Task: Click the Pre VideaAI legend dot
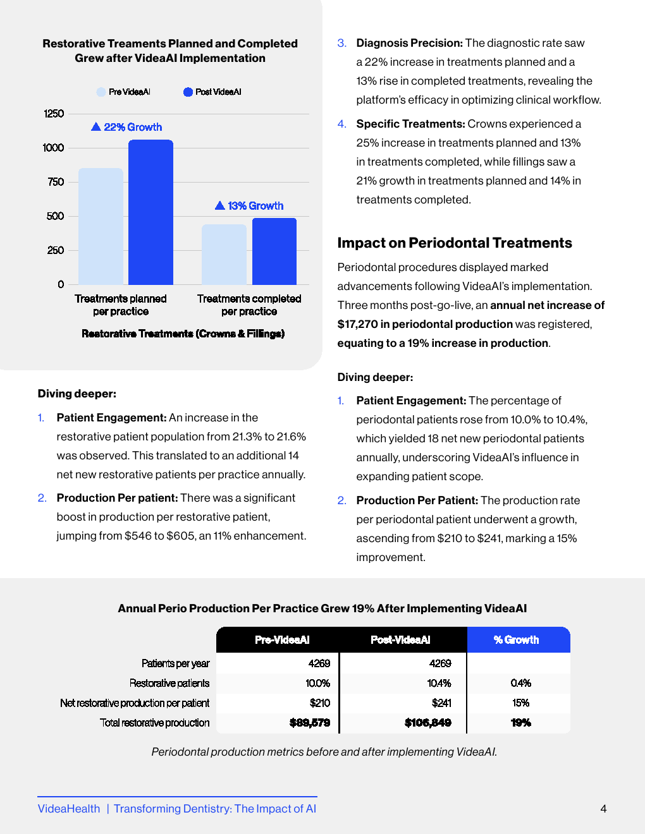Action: point(101,92)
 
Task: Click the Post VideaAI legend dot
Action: point(188,92)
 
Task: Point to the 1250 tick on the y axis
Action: point(54,114)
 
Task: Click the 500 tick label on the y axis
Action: point(55,216)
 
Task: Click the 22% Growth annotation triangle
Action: point(96,127)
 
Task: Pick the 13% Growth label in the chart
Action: point(255,206)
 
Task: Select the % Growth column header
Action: point(517,640)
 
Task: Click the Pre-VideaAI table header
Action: point(282,640)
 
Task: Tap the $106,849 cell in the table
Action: point(428,723)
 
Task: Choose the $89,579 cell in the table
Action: point(310,723)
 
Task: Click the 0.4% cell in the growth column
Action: point(520,683)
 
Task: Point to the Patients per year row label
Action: point(175,663)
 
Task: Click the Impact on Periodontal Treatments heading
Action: point(455,243)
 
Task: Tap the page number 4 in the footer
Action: point(603,809)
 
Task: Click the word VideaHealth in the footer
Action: point(69,809)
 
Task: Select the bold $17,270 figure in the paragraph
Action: point(357,324)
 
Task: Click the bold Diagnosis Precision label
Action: point(410,43)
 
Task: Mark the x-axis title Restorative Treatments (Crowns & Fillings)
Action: point(183,334)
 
